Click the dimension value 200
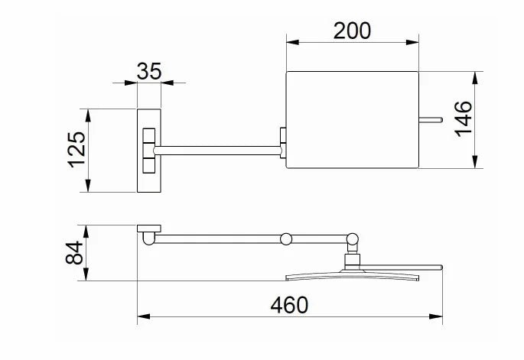pyautogui.click(x=352, y=30)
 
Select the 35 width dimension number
pyautogui.click(x=149, y=71)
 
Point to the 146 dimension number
pyautogui.click(x=464, y=120)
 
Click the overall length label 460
pyautogui.click(x=290, y=304)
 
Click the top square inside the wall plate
pyautogui.click(x=148, y=135)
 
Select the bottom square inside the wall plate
pyautogui.click(x=148, y=164)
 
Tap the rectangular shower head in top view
pyautogui.click(x=352, y=120)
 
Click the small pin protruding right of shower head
pyautogui.click(x=431, y=119)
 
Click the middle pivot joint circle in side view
pyautogui.click(x=285, y=238)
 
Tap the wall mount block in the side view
pyautogui.click(x=148, y=229)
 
